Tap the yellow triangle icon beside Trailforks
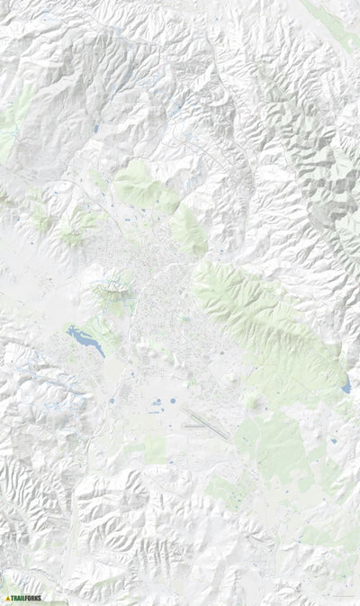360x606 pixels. coord(8,596)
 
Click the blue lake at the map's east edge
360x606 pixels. coord(346,387)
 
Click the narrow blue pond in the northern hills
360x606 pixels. coord(95,129)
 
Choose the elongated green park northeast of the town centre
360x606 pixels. coord(188,230)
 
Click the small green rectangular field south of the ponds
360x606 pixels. coord(155,450)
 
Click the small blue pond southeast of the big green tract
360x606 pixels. coord(333,443)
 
